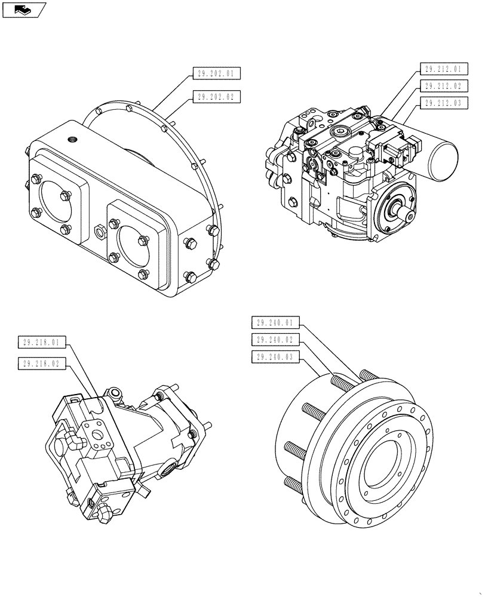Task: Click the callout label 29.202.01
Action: (x=216, y=75)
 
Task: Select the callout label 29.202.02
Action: (x=216, y=96)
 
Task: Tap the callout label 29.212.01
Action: (x=443, y=69)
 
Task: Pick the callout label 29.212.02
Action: (x=443, y=86)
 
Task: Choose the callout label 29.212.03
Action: (x=443, y=103)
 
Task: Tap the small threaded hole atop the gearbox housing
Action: (x=73, y=141)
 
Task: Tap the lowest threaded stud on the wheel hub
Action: (x=295, y=482)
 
